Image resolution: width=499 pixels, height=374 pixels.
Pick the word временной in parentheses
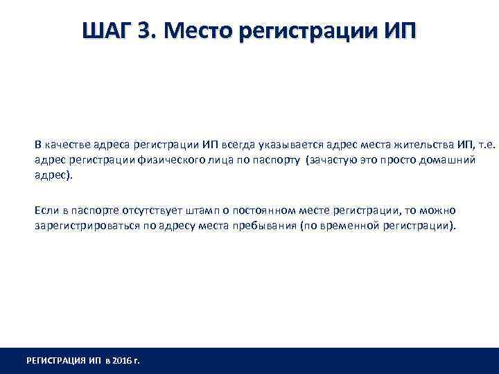(349, 226)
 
